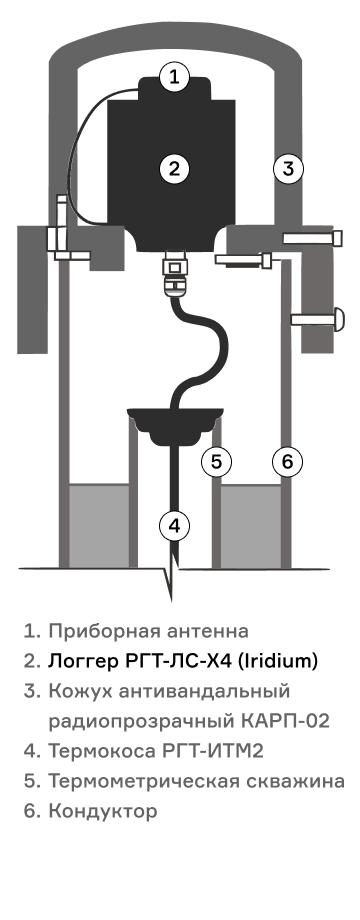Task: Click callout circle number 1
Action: click(x=174, y=76)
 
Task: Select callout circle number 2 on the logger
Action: click(x=174, y=169)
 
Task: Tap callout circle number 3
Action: click(x=288, y=169)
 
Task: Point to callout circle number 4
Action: click(x=174, y=526)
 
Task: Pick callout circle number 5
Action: click(x=216, y=462)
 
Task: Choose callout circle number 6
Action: click(x=287, y=462)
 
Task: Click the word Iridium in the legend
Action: click(x=281, y=661)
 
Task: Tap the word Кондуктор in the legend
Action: click(x=103, y=811)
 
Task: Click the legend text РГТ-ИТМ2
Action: click(x=212, y=751)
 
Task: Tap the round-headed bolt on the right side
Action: click(x=318, y=319)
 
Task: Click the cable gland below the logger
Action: click(x=174, y=272)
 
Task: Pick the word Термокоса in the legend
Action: click(x=102, y=751)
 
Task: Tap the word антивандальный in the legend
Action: click(x=204, y=691)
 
